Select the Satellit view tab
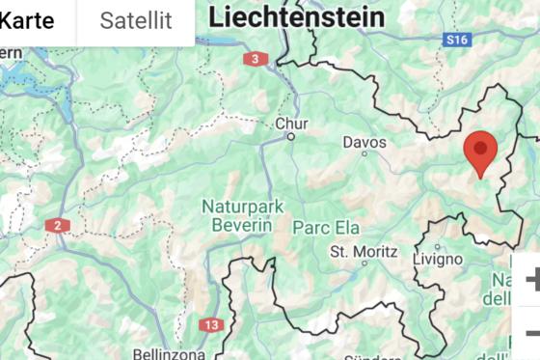pos(136,19)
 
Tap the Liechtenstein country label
pos(296,15)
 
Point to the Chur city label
pos(292,124)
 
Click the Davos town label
pos(364,143)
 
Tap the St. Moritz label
pos(364,251)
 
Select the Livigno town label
pos(437,259)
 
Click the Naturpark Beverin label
pos(237,215)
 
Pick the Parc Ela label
pos(326,228)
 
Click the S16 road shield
pos(457,40)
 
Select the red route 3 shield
pos(255,59)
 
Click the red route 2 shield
pos(57,225)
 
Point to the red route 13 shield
pos(211,324)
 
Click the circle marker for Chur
pos(289,137)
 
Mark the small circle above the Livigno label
pos(438,245)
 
